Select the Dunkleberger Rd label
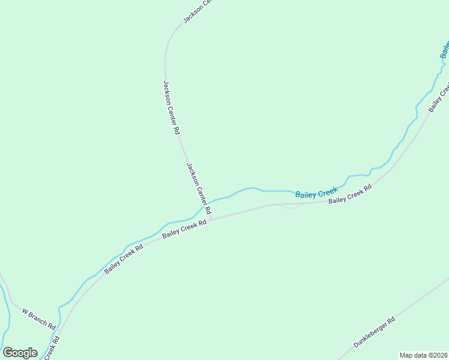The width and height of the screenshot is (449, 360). (x=374, y=332)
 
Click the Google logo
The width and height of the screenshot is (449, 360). (x=20, y=353)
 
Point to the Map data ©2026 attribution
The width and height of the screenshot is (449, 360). (x=424, y=355)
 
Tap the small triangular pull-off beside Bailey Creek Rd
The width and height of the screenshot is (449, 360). (x=291, y=206)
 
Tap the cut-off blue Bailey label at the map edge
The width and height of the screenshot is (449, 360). (x=444, y=50)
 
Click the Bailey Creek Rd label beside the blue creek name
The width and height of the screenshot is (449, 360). (x=350, y=193)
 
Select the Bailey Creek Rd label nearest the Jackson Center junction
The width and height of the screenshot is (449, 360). (x=184, y=230)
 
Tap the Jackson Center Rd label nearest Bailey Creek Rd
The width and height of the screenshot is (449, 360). (x=199, y=189)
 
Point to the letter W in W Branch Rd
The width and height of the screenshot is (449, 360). (x=25, y=312)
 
